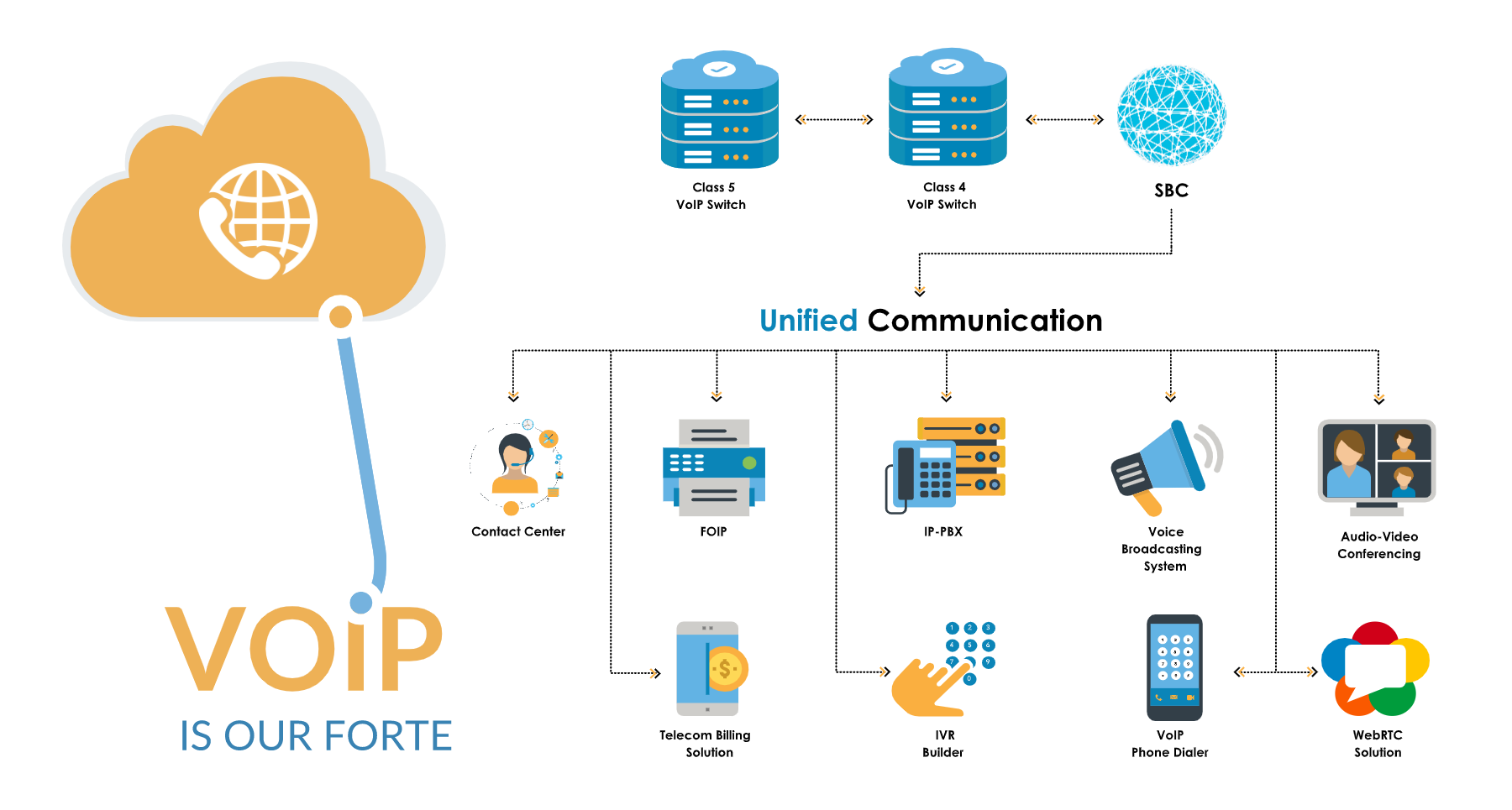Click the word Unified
coord(808,321)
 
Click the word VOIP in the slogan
coord(304,650)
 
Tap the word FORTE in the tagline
coord(388,736)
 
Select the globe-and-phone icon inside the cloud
coord(258,221)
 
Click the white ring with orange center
coord(340,316)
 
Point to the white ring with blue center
coord(361,602)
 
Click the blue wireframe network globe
coord(1172,116)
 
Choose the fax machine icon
coord(714,468)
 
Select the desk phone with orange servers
coord(946,464)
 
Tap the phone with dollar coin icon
coord(711,668)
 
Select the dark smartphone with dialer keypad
coord(1174,667)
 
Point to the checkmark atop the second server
coord(947,66)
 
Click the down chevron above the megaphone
coord(1170,395)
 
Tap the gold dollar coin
coord(727,669)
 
